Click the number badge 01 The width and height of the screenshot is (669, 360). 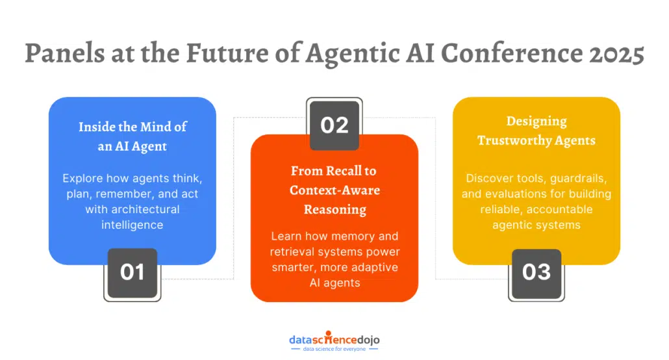point(133,272)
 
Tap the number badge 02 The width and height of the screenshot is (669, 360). point(334,124)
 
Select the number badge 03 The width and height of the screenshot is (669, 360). point(536,272)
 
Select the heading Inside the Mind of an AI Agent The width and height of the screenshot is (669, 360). point(133,136)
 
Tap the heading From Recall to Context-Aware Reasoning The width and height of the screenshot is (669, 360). point(334,190)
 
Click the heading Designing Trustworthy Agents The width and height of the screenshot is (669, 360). point(536,130)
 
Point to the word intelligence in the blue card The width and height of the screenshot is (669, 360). point(133,225)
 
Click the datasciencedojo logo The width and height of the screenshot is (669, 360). point(334,339)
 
